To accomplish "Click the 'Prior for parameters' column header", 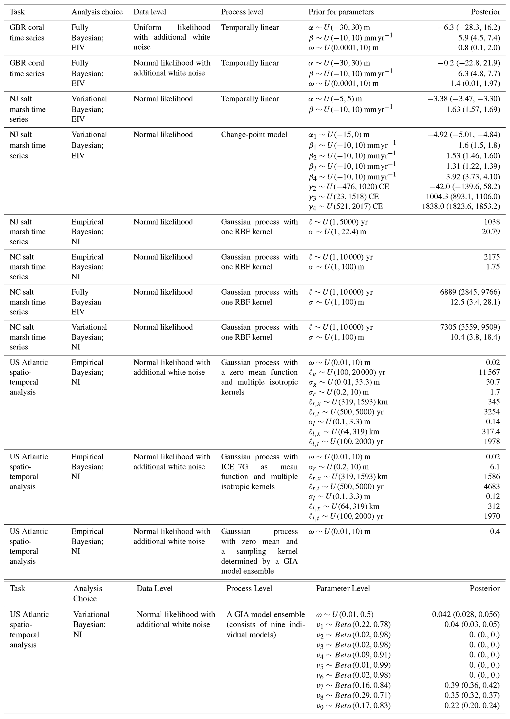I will coord(341,12).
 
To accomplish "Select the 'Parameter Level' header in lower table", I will coord(343,589).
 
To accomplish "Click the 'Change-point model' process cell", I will coord(254,135).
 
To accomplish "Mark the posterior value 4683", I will coord(492,486).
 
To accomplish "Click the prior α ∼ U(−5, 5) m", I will coord(335,99).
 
